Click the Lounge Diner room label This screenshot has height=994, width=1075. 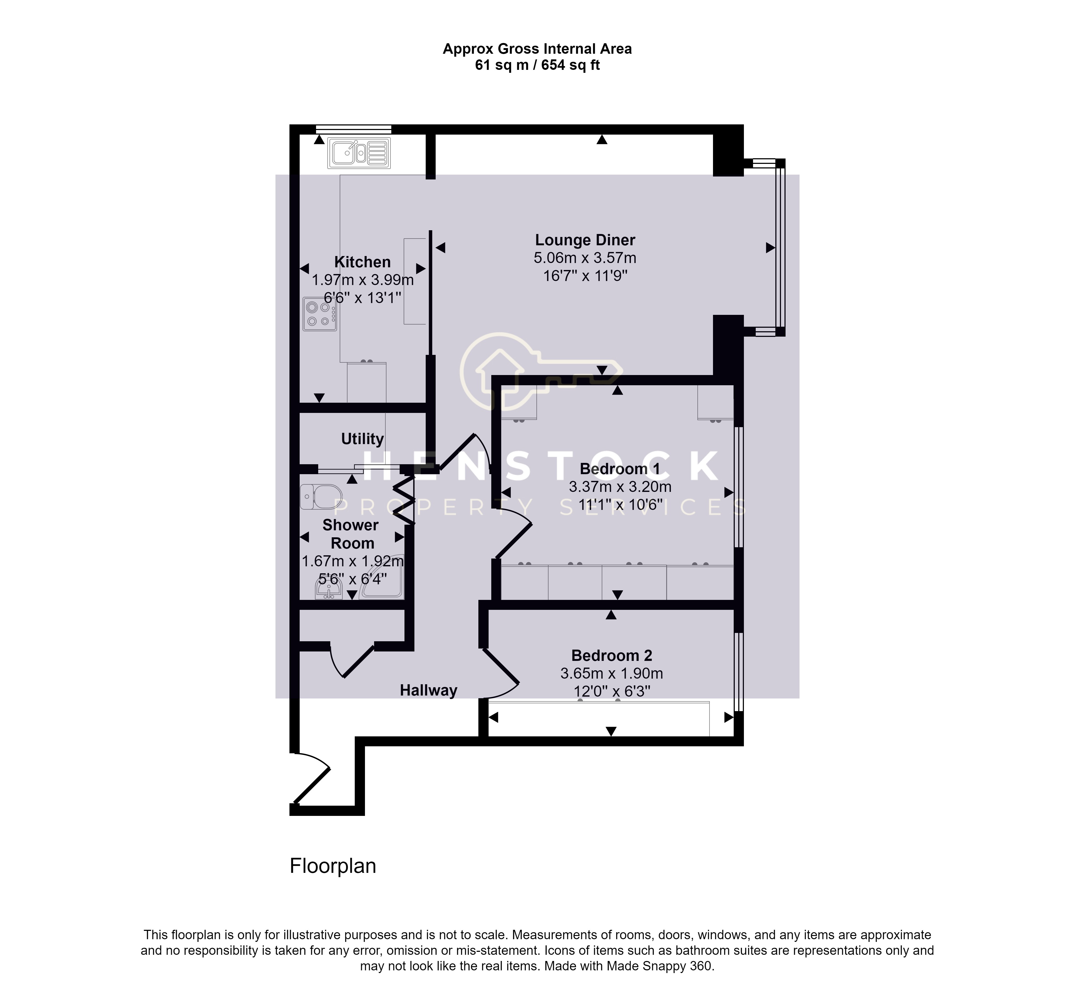[585, 240]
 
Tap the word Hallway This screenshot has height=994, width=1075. [428, 690]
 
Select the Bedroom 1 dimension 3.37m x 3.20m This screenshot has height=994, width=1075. [620, 487]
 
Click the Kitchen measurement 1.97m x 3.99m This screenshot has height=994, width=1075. [363, 280]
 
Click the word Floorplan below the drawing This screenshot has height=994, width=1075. [332, 866]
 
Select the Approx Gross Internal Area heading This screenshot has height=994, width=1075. [537, 49]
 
